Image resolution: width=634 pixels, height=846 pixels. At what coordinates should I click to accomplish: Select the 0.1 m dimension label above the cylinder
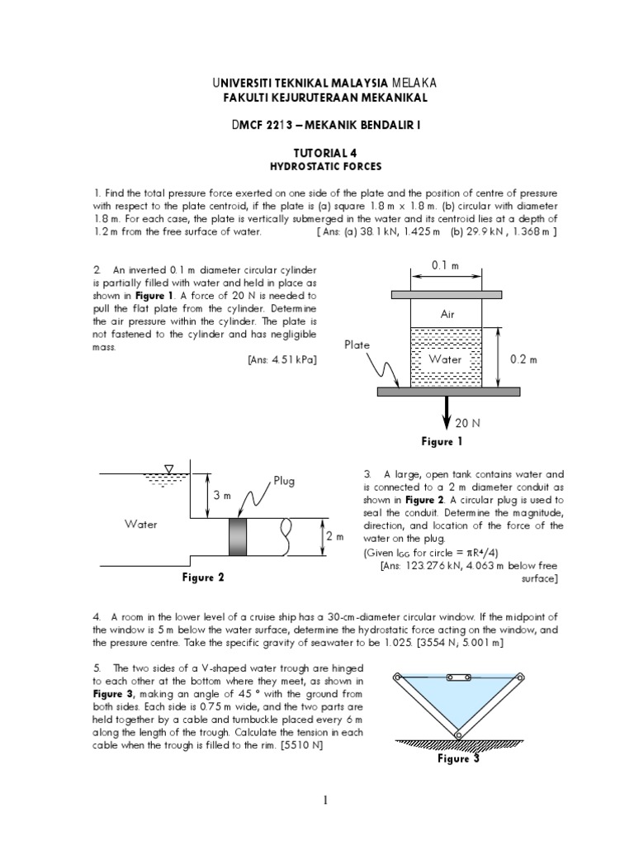pos(446,264)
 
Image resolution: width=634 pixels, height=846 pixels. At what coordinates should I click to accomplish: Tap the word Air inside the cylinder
pos(447,315)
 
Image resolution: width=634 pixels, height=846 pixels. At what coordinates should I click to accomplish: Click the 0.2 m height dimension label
pos(524,359)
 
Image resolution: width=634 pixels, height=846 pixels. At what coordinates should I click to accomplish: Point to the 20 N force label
pos(467,422)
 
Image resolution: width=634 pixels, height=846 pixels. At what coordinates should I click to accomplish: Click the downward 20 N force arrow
pos(447,411)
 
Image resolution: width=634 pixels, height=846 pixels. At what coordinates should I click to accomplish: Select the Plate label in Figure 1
pos(357,345)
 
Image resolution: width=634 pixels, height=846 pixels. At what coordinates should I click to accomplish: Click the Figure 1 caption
pos(442,442)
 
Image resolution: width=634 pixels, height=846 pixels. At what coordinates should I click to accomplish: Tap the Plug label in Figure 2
pos(284,481)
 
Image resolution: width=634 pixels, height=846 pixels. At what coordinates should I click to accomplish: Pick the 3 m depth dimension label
pos(222,495)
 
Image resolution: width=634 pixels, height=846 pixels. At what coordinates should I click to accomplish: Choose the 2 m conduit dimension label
pos(334,537)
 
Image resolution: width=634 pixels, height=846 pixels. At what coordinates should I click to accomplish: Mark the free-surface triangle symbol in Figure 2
pos(168,469)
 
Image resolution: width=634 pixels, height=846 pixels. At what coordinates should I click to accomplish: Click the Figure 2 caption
pos(203,577)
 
